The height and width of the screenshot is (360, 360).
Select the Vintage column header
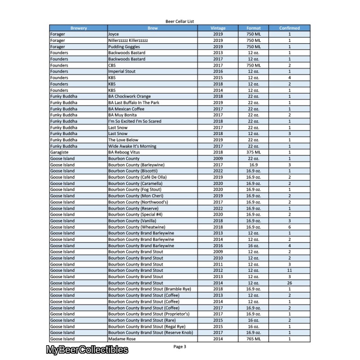[x=218, y=28]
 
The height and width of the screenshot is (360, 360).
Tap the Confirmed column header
[x=289, y=28]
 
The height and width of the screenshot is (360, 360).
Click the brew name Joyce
[x=113, y=34]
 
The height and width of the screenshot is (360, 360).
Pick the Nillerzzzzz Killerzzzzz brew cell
[x=128, y=40]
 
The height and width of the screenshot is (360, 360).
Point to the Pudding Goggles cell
[x=124, y=47]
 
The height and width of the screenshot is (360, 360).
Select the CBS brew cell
[x=112, y=65]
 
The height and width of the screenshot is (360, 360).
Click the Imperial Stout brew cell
[x=121, y=72]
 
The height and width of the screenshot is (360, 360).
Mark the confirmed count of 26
[x=289, y=283]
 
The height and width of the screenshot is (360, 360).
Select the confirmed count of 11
[x=289, y=270]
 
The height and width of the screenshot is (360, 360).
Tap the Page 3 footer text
[x=180, y=346]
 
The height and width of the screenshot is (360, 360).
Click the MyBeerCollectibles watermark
[x=87, y=350]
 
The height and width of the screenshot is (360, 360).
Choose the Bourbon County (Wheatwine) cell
[x=135, y=227]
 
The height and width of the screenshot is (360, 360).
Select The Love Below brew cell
[x=123, y=140]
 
